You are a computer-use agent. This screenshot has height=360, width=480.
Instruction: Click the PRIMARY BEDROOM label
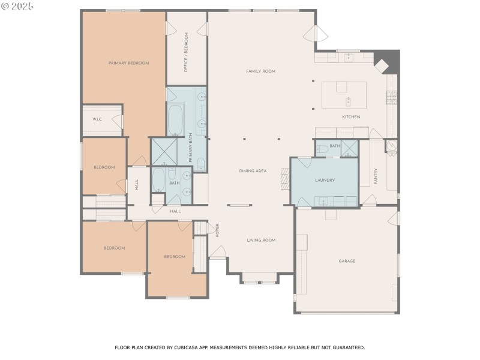pos(128,63)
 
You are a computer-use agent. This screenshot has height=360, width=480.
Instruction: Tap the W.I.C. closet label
pos(97,119)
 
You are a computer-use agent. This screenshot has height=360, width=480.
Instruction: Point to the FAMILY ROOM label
pos(260,71)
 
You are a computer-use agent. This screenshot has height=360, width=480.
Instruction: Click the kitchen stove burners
pos(391,95)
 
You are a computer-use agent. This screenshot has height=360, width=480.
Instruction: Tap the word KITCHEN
pos(351,117)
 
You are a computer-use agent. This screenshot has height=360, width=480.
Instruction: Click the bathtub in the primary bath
pos(176,120)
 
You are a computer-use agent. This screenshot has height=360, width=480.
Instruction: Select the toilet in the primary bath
pos(201,163)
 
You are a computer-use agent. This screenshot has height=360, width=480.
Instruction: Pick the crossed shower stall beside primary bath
pos(163,152)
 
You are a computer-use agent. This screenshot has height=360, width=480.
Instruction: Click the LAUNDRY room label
pos(325,180)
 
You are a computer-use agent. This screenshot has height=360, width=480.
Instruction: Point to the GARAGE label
pos(347,261)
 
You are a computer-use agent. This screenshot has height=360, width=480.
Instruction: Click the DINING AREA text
pos(253,172)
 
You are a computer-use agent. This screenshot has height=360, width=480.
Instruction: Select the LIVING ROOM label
pos(261,240)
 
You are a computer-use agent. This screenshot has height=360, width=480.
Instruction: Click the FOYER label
pos(218,230)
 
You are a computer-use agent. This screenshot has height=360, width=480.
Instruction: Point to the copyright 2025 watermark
pos(18,6)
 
